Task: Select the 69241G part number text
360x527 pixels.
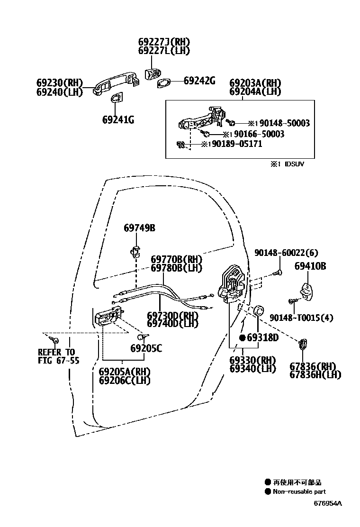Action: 118,120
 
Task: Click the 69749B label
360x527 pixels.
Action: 140,228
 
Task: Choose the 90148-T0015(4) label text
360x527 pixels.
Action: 301,318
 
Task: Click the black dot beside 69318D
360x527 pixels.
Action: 242,338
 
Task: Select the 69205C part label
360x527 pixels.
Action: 146,348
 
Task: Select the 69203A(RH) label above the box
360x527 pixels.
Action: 255,82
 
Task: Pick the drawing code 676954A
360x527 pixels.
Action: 327,503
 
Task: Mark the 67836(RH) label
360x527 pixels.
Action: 313,366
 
